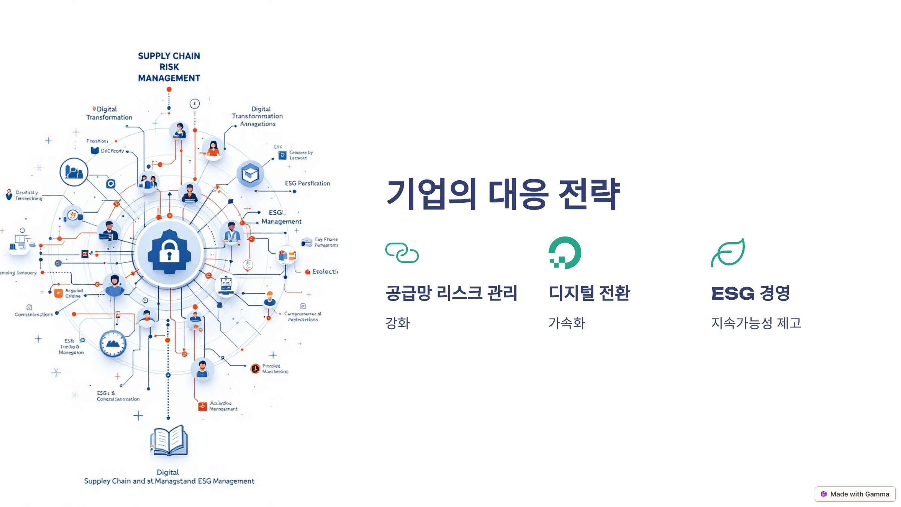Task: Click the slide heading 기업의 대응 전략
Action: tap(503, 194)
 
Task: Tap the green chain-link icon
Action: tap(402, 253)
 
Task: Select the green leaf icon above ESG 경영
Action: tap(728, 253)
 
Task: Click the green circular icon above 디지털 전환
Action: tap(565, 253)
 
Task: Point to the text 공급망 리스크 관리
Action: tap(451, 293)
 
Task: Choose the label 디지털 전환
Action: tap(589, 293)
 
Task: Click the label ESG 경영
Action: tap(750, 293)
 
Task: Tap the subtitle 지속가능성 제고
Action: tap(756, 323)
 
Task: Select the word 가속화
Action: tap(567, 323)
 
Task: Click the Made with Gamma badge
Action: tap(855, 494)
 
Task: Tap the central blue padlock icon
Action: tap(169, 252)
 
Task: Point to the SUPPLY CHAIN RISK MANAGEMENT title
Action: tap(169, 67)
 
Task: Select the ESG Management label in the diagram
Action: tap(281, 217)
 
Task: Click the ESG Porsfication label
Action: tap(307, 183)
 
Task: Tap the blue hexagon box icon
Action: tap(250, 174)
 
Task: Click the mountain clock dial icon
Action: tap(113, 343)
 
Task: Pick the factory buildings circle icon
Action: tap(74, 172)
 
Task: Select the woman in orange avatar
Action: tap(213, 148)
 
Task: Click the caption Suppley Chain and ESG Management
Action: tap(169, 481)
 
